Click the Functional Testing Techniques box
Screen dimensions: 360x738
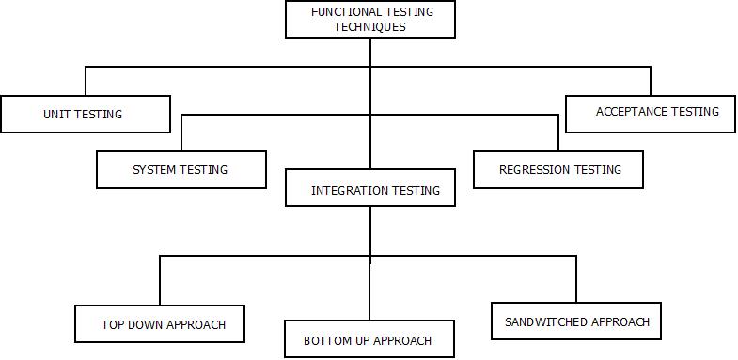[369, 19]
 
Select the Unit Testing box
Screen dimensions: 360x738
[86, 114]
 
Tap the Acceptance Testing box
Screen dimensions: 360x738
[651, 113]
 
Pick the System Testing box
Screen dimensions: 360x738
[181, 170]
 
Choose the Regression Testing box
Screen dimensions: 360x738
[558, 170]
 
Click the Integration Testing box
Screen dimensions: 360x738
[369, 189]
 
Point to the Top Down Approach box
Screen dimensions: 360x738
[161, 324]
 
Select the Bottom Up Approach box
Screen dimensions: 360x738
[369, 339]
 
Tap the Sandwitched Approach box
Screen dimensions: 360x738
[576, 321]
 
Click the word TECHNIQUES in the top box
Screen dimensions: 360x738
[369, 27]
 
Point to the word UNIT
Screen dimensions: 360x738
[57, 115]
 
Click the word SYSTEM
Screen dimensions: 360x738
[154, 170]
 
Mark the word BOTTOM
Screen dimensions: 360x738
[326, 340]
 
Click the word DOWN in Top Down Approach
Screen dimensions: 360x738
[147, 325]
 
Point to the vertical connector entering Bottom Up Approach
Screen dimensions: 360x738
[369, 291]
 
